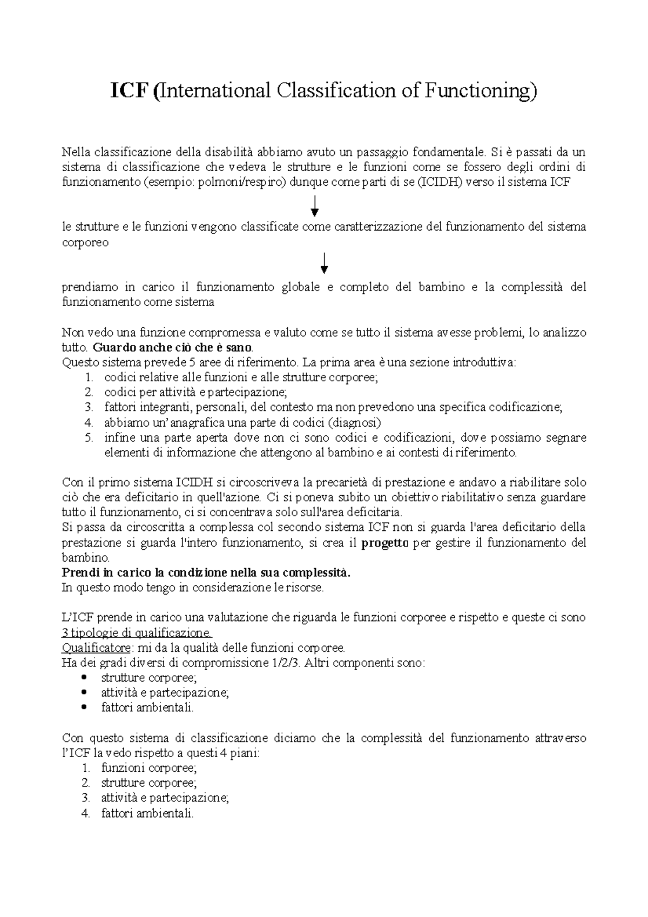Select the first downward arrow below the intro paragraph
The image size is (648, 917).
coord(315,206)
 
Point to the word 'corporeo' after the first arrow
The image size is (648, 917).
coord(85,242)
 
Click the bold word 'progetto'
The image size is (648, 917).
coord(384,543)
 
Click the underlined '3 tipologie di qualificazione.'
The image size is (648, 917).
coord(138,632)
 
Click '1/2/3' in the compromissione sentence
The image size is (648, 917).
coord(286,662)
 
